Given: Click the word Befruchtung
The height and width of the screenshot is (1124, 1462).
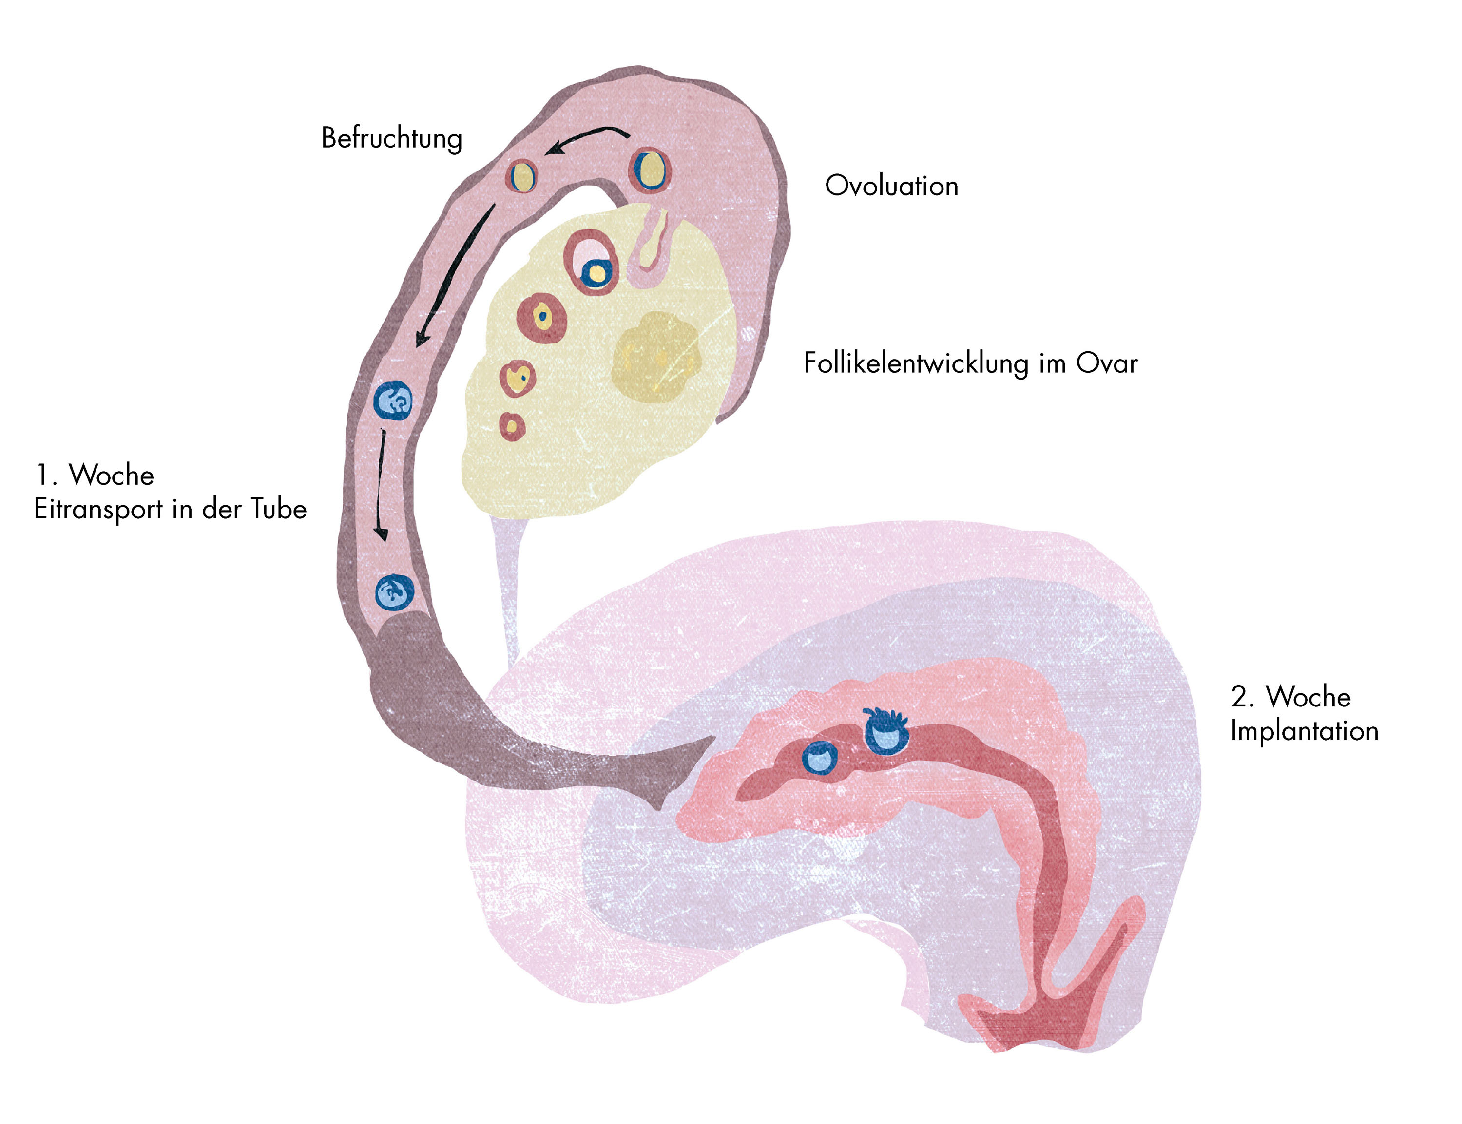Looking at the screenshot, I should (x=391, y=138).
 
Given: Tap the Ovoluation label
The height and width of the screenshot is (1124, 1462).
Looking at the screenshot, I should (x=891, y=186).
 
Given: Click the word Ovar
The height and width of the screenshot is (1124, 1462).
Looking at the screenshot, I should (x=1107, y=364).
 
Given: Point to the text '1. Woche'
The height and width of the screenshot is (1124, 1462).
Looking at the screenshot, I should (x=95, y=475).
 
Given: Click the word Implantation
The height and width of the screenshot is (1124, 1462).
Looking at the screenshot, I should (x=1304, y=731).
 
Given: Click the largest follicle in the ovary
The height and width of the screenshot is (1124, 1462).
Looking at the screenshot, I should (x=591, y=262).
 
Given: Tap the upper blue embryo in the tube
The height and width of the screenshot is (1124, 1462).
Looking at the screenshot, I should (x=393, y=401).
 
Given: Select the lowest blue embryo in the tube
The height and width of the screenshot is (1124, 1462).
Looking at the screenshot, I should (x=394, y=592).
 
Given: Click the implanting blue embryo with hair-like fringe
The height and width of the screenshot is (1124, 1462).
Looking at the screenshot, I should (x=886, y=731).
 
